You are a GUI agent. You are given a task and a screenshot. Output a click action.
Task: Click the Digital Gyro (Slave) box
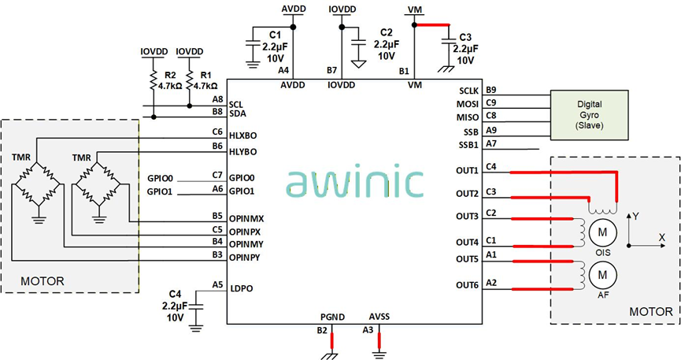point(590,115)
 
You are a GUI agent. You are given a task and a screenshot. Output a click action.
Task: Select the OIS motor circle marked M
point(603,232)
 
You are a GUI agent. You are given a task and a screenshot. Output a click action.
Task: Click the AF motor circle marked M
point(603,275)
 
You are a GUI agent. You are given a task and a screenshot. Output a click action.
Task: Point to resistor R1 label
point(206,75)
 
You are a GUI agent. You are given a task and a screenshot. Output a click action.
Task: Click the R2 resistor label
point(170,75)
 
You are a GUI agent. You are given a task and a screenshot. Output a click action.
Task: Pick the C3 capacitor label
point(465,37)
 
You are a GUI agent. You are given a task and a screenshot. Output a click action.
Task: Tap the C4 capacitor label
point(175,295)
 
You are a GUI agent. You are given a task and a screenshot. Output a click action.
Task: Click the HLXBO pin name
point(242,135)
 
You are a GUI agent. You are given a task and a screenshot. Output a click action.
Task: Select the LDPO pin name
point(242,288)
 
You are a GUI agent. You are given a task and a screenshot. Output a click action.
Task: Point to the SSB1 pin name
point(468,145)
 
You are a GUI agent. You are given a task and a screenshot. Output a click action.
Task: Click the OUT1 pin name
point(467,170)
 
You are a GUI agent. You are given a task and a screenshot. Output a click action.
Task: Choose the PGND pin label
point(332,317)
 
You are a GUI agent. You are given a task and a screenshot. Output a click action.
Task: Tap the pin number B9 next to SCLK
point(491,90)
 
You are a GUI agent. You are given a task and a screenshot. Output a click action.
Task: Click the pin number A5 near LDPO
point(217,285)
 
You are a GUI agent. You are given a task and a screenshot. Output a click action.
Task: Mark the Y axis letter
point(636,216)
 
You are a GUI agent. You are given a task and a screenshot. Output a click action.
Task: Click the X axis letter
point(662,237)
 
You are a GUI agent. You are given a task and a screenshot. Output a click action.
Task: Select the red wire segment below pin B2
point(332,340)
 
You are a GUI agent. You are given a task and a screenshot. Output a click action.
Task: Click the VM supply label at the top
point(415,9)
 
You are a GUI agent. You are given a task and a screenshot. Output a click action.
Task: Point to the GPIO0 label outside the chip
point(161,178)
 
